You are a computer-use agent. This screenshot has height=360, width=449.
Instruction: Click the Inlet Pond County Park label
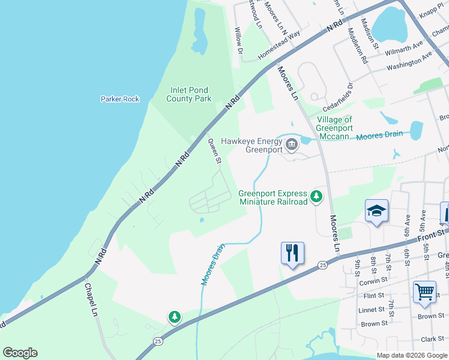[x=189, y=94]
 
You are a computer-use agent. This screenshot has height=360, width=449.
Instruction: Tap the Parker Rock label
[x=120, y=99]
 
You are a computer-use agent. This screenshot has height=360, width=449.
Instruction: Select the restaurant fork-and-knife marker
[x=292, y=254]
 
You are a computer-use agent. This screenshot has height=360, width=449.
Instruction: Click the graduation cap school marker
[x=376, y=211]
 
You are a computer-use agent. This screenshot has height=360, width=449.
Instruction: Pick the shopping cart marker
[x=424, y=293]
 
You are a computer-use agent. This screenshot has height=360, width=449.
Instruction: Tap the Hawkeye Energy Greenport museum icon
[x=292, y=145]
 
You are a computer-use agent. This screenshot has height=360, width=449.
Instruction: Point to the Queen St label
[x=215, y=151]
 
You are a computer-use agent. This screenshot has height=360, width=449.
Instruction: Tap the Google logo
[x=20, y=353]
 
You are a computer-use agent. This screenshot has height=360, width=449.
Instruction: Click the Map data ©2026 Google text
[x=412, y=355]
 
